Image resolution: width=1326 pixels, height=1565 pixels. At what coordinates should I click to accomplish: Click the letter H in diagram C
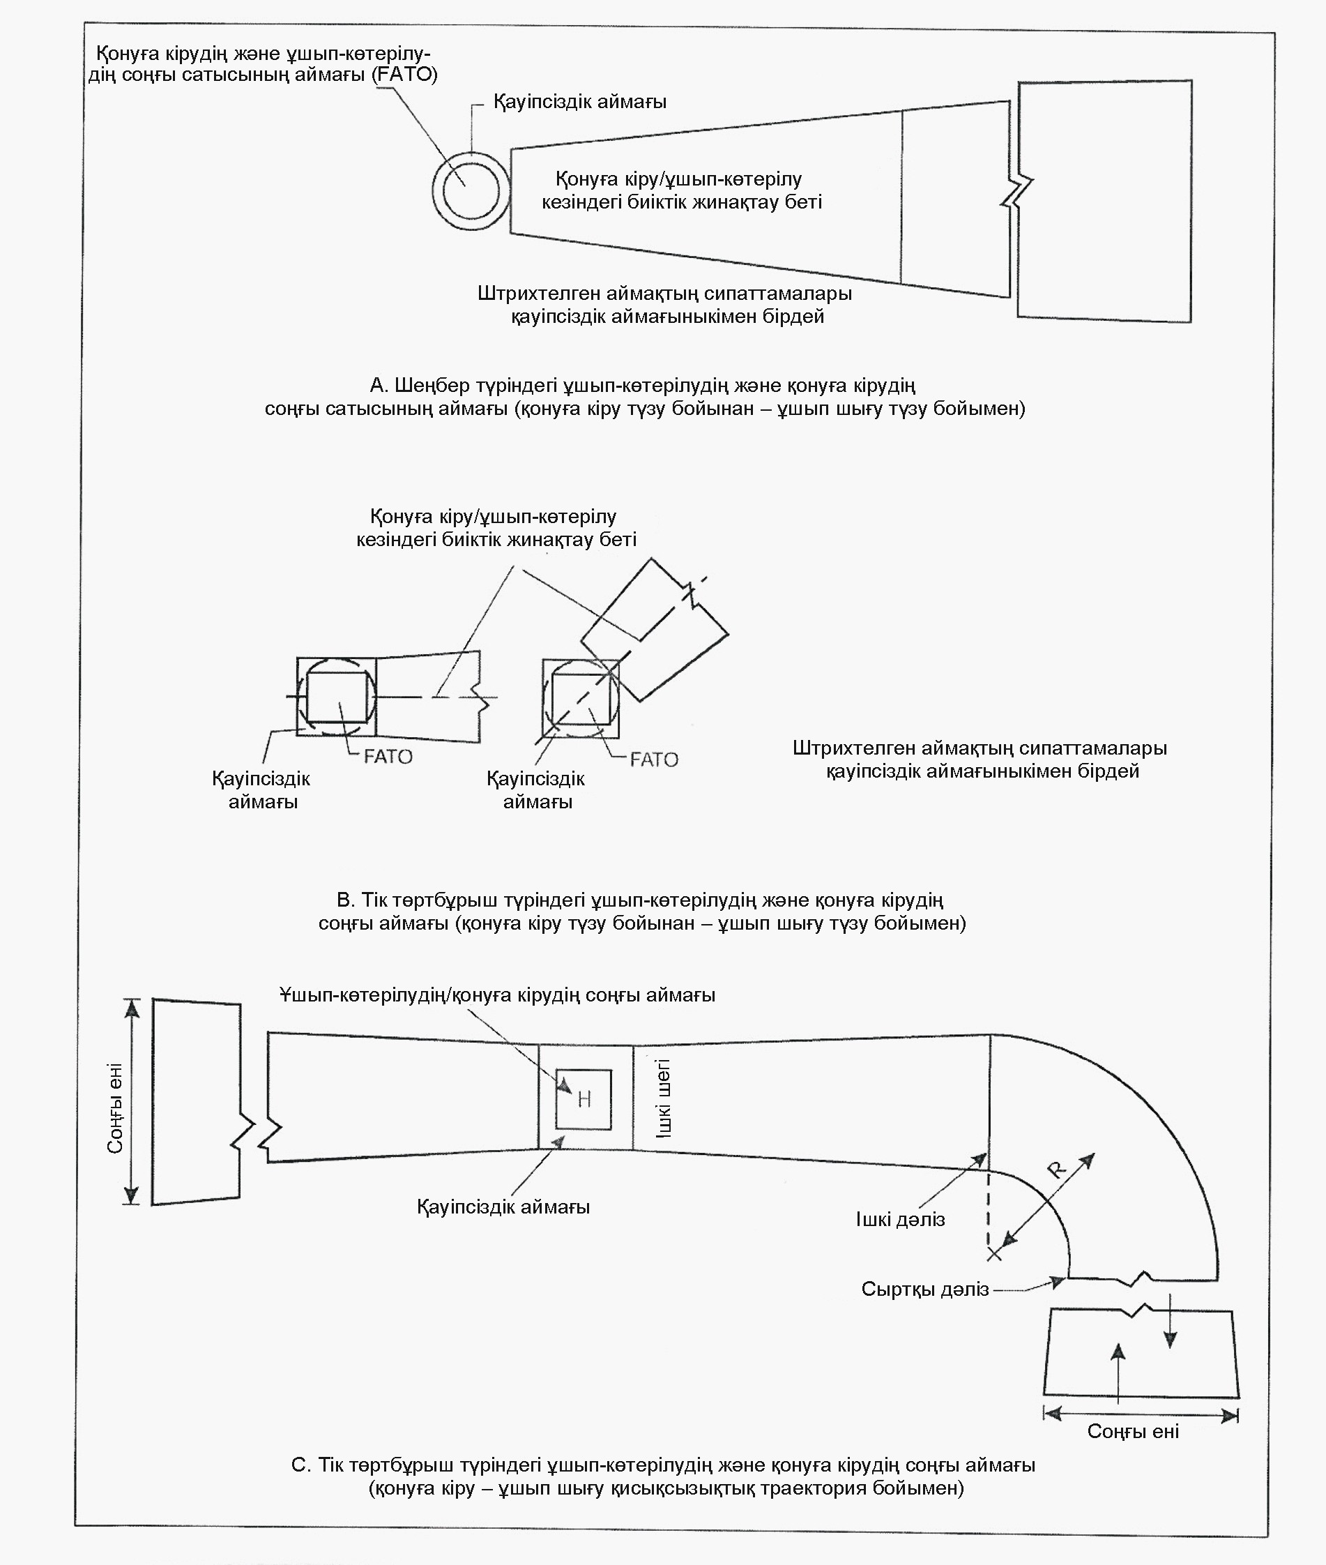tap(584, 1101)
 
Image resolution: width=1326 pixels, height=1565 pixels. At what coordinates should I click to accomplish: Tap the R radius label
tap(1057, 1170)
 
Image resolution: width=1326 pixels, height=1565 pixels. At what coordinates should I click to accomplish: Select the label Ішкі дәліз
tap(900, 1220)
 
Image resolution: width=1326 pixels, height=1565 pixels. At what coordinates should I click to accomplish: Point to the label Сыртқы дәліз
tap(924, 1290)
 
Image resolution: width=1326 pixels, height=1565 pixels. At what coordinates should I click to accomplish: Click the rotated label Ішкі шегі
tap(663, 1098)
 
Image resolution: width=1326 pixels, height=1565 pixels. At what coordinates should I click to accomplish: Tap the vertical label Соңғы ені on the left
tap(115, 1107)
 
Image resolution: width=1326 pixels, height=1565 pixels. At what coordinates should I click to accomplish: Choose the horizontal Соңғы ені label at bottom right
tap(1133, 1431)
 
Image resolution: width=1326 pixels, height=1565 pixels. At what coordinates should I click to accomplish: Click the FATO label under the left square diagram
tap(388, 757)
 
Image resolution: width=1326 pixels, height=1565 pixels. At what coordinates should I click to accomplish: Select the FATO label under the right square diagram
tap(654, 759)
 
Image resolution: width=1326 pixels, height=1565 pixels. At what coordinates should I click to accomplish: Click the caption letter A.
tap(377, 386)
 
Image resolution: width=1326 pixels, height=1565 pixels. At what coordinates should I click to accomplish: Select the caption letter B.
tap(344, 900)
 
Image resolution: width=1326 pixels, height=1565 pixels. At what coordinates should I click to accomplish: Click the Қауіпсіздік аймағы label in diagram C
tap(503, 1207)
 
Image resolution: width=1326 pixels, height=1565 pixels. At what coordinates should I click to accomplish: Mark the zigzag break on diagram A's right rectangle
tap(1017, 192)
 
